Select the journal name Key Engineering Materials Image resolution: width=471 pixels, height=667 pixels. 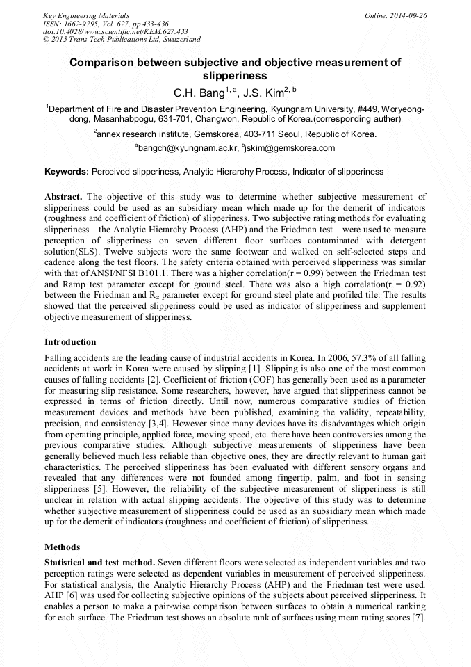[x=86, y=15]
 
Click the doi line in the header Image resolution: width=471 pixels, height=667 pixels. [x=115, y=32]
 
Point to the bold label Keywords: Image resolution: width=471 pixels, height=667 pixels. [x=67, y=171]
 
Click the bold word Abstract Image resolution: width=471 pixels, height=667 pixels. [x=64, y=197]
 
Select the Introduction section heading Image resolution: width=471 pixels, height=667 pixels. [x=70, y=342]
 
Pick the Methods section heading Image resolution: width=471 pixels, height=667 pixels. [x=62, y=547]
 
